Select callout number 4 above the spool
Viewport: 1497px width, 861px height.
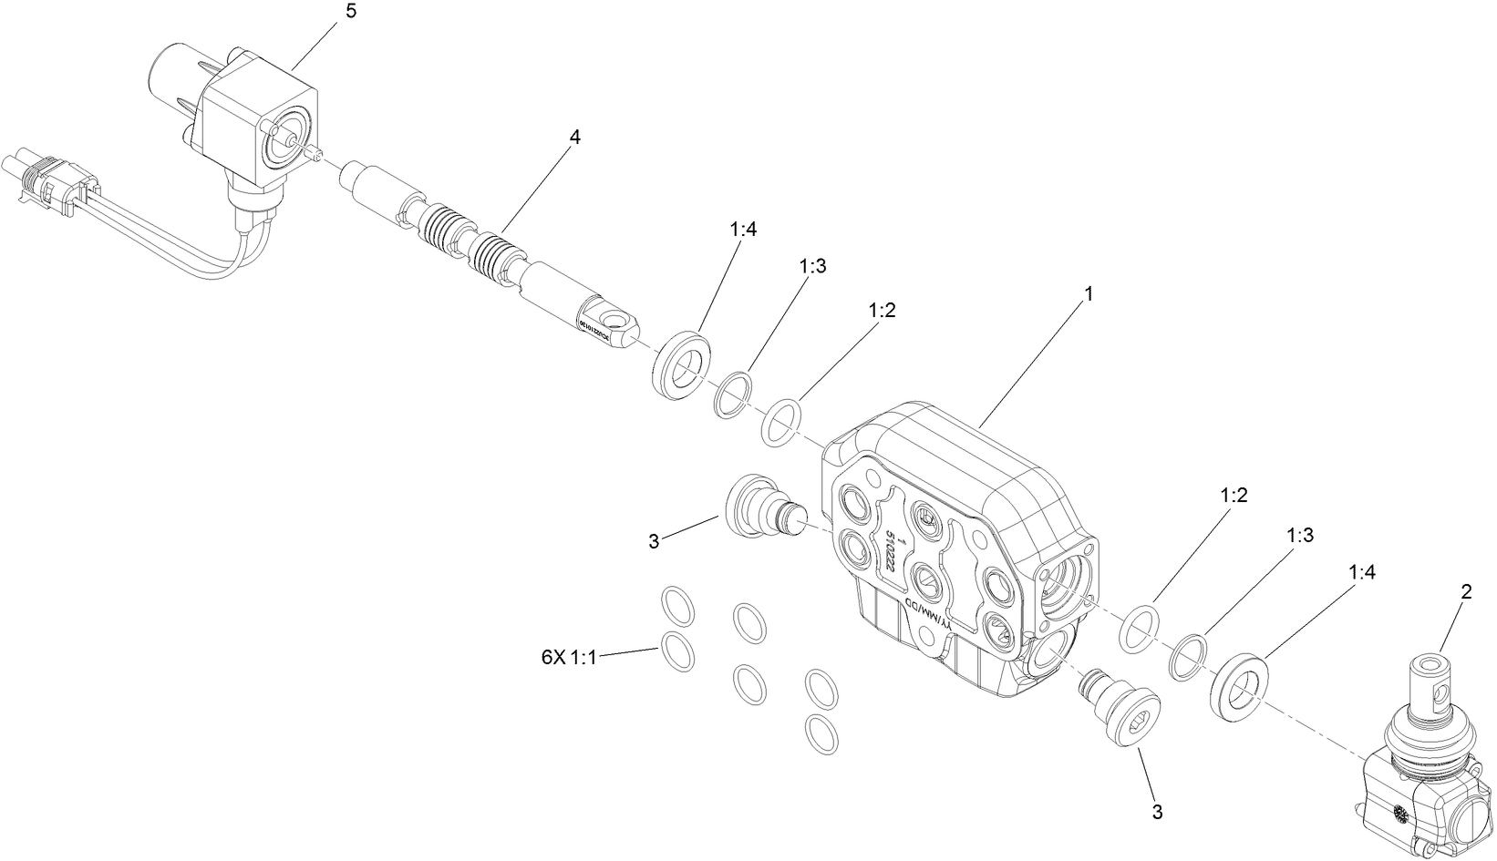pos(573,137)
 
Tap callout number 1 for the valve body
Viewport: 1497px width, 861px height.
pos(1088,294)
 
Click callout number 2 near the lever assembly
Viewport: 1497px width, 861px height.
pos(1466,592)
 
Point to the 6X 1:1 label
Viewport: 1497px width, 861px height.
pos(568,657)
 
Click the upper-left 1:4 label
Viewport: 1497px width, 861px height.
pos(743,230)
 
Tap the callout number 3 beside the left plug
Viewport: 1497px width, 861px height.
pos(653,541)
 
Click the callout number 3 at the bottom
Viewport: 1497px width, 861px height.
pos(1157,811)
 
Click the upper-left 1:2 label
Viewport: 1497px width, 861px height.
pos(882,310)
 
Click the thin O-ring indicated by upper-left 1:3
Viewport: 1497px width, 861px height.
pos(732,394)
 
